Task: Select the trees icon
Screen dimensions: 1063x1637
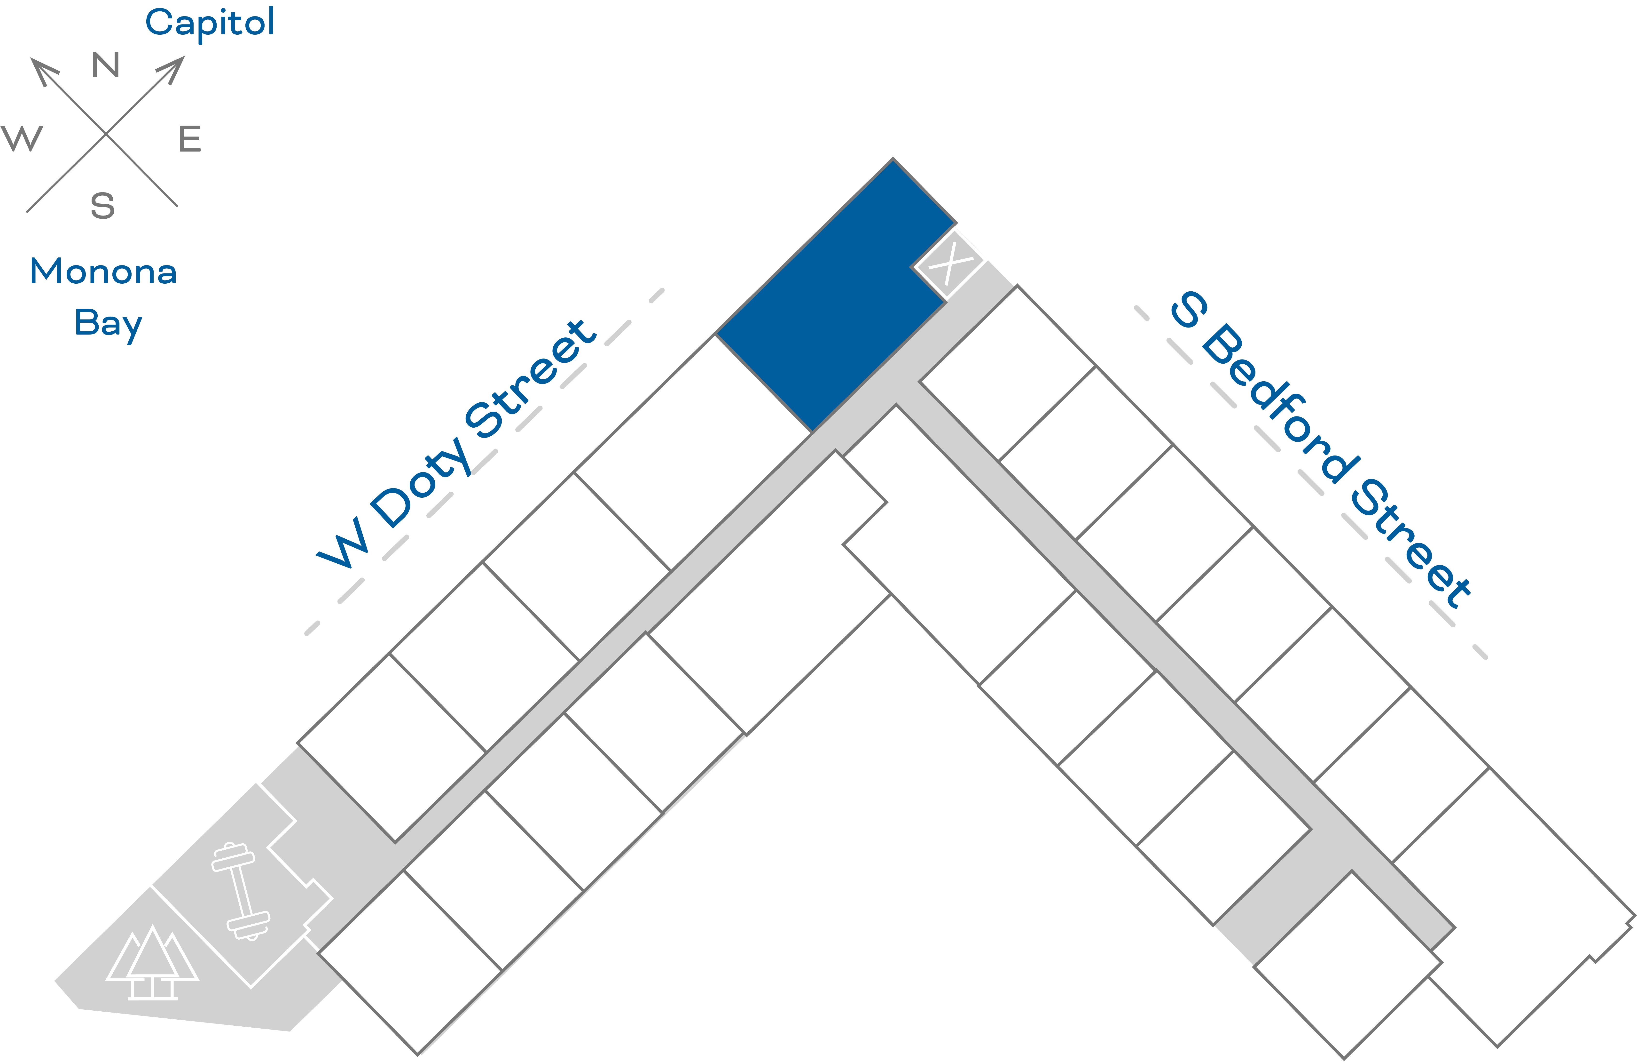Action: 153,963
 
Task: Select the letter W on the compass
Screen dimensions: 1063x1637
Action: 22,138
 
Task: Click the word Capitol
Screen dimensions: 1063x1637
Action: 210,23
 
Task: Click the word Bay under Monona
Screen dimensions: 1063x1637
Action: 108,323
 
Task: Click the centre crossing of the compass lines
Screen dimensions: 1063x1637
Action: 106,134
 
